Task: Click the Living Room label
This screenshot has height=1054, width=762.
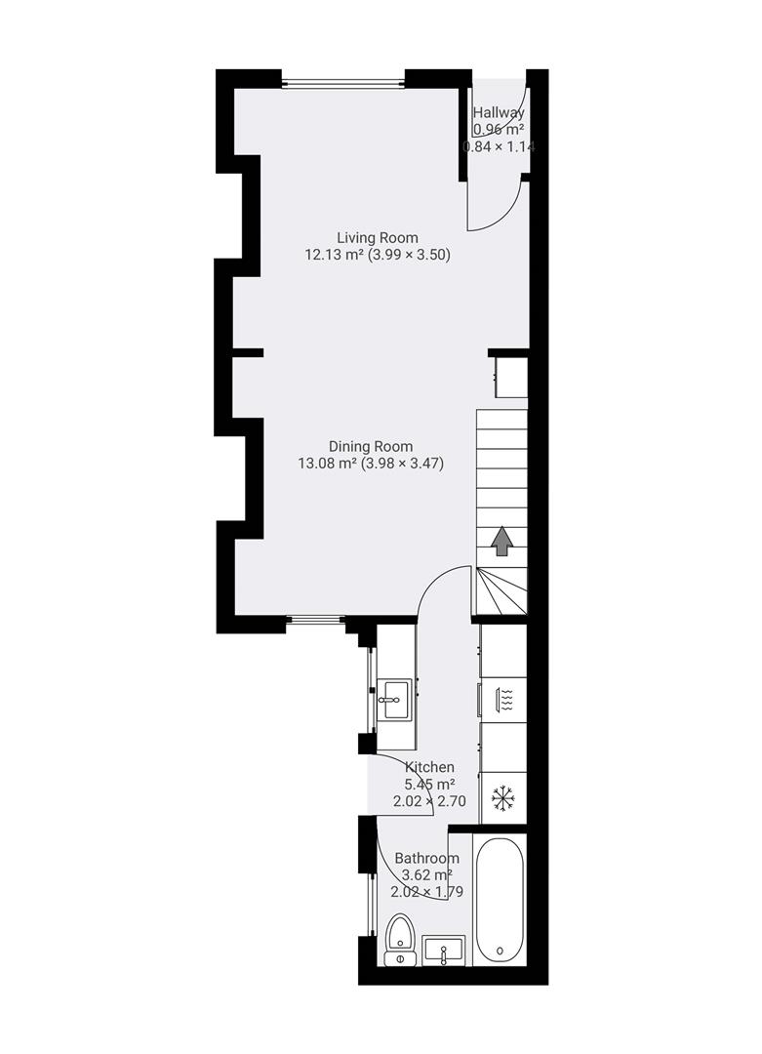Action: (x=377, y=237)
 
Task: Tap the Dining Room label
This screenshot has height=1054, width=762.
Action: (x=370, y=446)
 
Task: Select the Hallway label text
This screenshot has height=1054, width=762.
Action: (x=499, y=113)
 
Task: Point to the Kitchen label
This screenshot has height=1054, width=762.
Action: (x=429, y=767)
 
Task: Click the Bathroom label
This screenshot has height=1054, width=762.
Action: (x=426, y=858)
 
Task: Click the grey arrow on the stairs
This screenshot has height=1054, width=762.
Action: (x=501, y=541)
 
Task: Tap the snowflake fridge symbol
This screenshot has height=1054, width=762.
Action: (x=502, y=798)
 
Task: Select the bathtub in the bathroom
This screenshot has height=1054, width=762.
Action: (x=500, y=900)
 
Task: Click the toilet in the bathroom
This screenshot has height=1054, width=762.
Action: (x=399, y=940)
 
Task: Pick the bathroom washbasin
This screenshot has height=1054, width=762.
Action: (x=444, y=950)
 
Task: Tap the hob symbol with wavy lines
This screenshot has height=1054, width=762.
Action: (x=504, y=699)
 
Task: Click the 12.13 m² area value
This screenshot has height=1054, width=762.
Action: (x=334, y=255)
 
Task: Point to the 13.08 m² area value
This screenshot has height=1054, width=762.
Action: (x=327, y=464)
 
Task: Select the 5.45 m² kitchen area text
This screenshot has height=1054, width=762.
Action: (x=428, y=784)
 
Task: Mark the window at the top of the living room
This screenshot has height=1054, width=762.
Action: (x=342, y=83)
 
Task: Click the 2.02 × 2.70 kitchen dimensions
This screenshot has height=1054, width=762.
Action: (x=428, y=801)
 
